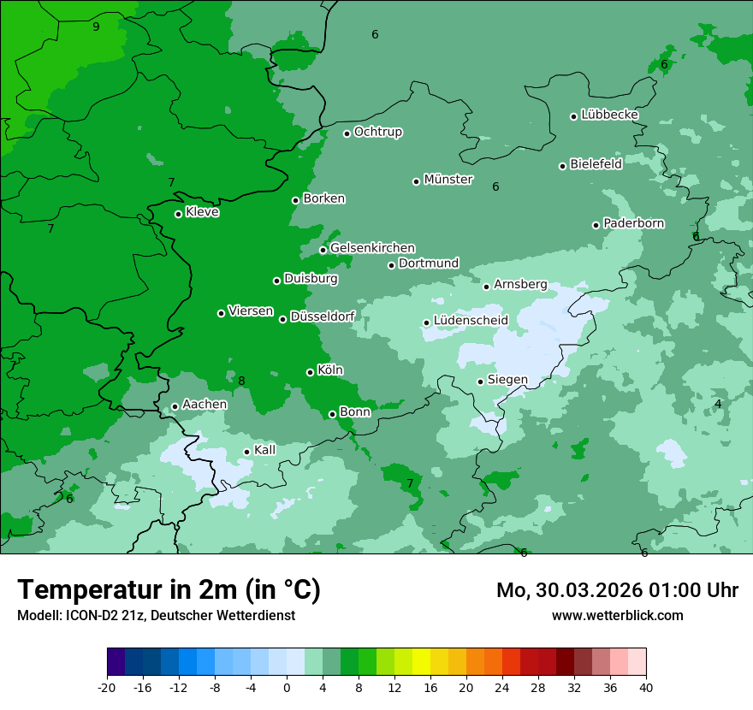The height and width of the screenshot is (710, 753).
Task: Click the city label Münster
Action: pyautogui.click(x=448, y=180)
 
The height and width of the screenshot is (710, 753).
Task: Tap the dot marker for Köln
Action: pyautogui.click(x=310, y=372)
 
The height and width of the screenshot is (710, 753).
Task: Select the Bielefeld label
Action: pyautogui.click(x=596, y=164)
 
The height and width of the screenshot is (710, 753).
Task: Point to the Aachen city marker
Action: pyautogui.click(x=175, y=407)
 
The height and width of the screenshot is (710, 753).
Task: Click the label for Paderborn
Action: pyautogui.click(x=633, y=223)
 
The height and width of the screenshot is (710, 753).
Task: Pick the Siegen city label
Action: pyautogui.click(x=507, y=380)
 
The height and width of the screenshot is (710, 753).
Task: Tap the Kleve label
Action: pyautogui.click(x=202, y=212)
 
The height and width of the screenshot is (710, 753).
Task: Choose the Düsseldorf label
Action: pyautogui.click(x=323, y=317)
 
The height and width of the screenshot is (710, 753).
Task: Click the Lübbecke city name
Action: pyautogui.click(x=609, y=115)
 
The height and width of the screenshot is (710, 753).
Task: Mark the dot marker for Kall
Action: pyautogui.click(x=246, y=452)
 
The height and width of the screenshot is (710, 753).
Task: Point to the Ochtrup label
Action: pyautogui.click(x=377, y=132)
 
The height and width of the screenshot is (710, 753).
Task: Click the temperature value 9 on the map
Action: pyautogui.click(x=96, y=27)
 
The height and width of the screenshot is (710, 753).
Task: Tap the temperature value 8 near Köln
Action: pyautogui.click(x=241, y=382)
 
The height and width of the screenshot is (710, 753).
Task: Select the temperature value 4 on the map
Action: pyautogui.click(x=718, y=404)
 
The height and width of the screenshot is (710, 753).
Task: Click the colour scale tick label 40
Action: pyautogui.click(x=645, y=687)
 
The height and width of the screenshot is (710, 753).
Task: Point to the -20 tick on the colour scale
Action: pyautogui.click(x=107, y=687)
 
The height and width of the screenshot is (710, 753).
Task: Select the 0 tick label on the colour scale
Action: pyautogui.click(x=287, y=687)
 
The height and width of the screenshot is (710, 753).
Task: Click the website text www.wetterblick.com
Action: pyautogui.click(x=617, y=615)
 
